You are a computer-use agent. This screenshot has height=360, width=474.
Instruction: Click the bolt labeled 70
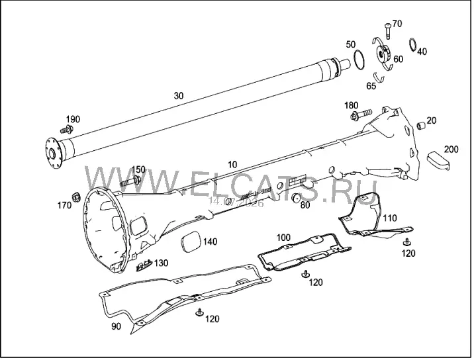click(x=387, y=31)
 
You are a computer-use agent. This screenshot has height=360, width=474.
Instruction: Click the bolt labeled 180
click(x=361, y=114)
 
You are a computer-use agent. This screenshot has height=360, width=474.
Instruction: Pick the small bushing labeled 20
click(x=422, y=125)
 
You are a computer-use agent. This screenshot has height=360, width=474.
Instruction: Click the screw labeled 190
click(x=66, y=130)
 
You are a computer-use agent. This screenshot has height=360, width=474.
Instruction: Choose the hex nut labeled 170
click(x=75, y=197)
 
